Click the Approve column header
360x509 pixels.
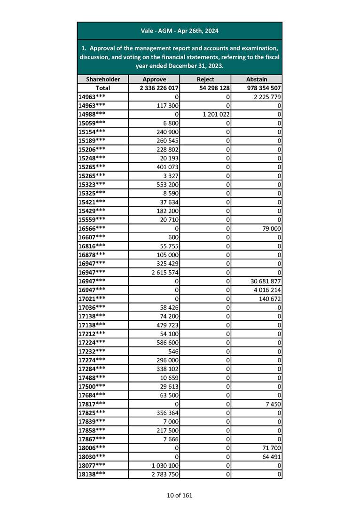click(154, 79)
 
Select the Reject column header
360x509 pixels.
click(205, 79)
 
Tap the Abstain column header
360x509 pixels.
click(256, 79)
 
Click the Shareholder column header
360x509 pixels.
click(102, 79)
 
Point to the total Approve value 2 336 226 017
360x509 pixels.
click(159, 88)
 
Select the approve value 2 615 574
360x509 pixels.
click(164, 273)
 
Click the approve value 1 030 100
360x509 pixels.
click(164, 466)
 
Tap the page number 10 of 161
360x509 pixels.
click(180, 495)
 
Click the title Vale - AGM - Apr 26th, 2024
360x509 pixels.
click(180, 31)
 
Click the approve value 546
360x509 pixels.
click(173, 352)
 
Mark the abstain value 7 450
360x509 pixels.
click(273, 404)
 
